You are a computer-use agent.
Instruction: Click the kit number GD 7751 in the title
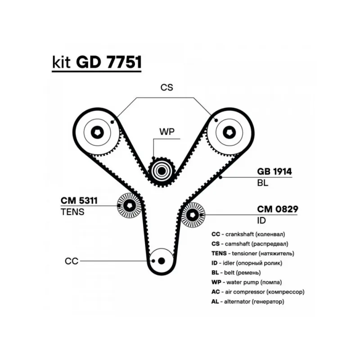(108, 63)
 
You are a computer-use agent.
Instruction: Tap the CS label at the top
(166, 87)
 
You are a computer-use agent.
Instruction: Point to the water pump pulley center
(161, 171)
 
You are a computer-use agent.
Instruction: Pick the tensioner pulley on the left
(129, 206)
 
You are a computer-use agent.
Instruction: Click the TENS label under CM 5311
(72, 211)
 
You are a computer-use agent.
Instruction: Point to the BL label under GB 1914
(263, 183)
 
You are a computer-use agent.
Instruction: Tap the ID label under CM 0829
(261, 220)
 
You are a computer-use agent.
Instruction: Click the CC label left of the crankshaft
(72, 261)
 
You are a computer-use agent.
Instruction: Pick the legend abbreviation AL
(215, 301)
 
